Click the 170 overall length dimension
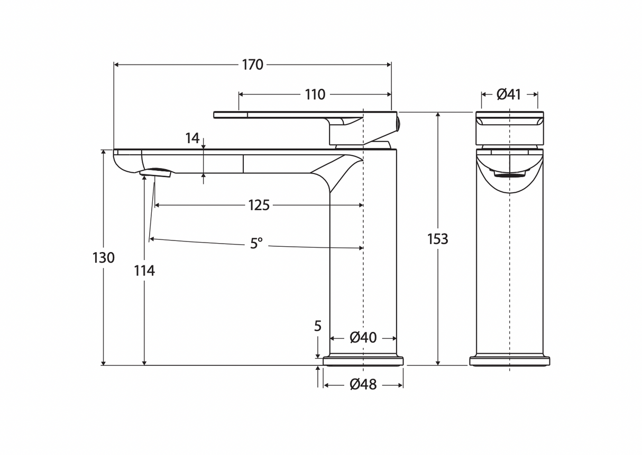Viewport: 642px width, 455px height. (252, 65)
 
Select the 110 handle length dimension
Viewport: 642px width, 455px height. (315, 95)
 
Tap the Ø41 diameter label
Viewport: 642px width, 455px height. (509, 95)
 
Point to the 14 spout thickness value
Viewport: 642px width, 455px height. (192, 138)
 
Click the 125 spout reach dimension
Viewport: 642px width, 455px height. (259, 205)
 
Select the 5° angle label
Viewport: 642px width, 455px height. (256, 244)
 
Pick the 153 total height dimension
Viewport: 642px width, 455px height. (437, 239)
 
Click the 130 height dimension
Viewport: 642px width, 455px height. (103, 258)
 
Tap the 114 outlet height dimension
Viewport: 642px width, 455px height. (144, 271)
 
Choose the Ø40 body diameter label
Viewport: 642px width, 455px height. (363, 338)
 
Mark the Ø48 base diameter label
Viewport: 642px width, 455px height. (363, 385)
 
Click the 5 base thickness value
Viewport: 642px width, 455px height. (318, 327)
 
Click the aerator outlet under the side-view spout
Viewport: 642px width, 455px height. (156, 172)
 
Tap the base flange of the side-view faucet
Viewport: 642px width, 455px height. (363, 361)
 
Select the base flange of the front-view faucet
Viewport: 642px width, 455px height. (509, 361)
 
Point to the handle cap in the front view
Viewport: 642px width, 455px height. (509, 128)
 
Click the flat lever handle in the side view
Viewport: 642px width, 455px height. (275, 115)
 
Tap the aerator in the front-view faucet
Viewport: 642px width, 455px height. (509, 173)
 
